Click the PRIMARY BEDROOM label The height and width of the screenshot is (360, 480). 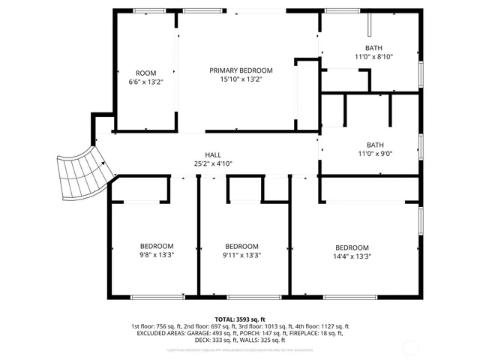pyautogui.click(x=241, y=70)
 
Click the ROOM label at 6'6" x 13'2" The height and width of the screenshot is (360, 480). pyautogui.click(x=145, y=73)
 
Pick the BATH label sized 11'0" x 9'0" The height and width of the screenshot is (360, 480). pyautogui.click(x=373, y=145)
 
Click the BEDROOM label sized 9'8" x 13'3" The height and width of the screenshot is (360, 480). pyautogui.click(x=157, y=246)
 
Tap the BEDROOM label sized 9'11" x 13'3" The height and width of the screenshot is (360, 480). pyautogui.click(x=242, y=246)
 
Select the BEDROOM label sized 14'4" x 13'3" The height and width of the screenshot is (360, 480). pyautogui.click(x=352, y=247)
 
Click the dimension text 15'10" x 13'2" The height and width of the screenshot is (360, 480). pyautogui.click(x=241, y=79)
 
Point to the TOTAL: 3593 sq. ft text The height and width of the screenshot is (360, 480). pyautogui.click(x=240, y=319)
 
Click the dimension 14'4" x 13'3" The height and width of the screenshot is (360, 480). pyautogui.click(x=352, y=256)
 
